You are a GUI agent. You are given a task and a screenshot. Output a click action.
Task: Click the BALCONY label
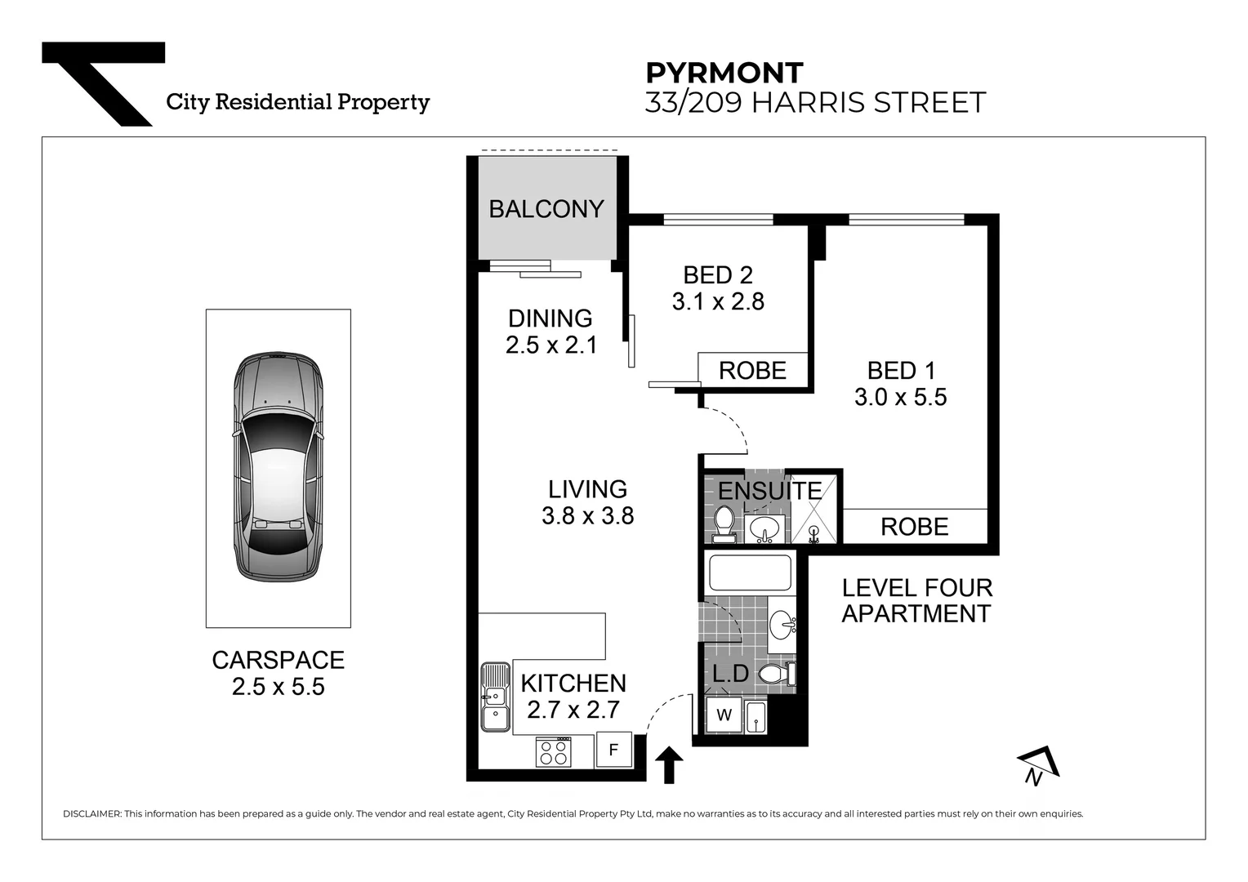[x=546, y=209]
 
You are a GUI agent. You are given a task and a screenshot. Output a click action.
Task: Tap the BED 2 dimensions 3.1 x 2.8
[x=718, y=302]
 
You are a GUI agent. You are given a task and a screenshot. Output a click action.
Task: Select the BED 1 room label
[x=901, y=370]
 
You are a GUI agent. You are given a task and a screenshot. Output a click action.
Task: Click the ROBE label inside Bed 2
[x=752, y=371]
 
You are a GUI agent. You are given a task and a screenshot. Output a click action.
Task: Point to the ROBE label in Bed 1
[x=914, y=527]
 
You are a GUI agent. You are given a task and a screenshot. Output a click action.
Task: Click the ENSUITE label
[x=769, y=491]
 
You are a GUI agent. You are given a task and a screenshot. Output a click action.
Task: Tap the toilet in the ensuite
[x=724, y=523]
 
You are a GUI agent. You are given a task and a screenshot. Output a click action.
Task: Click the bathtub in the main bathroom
[x=750, y=572]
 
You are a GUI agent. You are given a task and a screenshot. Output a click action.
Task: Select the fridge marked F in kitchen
[x=613, y=750]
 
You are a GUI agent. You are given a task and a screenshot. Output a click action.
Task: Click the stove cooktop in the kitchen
[x=554, y=751]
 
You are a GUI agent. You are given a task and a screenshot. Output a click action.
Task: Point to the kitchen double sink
[x=494, y=697]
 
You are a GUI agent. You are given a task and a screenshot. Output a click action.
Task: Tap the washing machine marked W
[x=724, y=715]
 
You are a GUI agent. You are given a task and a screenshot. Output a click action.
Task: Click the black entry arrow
[x=669, y=765]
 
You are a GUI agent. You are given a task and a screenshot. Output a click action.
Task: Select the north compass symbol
[x=1037, y=765]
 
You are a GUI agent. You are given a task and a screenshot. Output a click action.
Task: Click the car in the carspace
[x=279, y=467]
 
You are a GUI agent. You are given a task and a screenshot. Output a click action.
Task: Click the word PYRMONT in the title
[x=724, y=73]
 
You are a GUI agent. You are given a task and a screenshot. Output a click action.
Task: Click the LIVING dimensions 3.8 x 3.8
[x=587, y=516]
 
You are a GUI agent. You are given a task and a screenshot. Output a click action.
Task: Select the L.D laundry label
[x=730, y=674]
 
